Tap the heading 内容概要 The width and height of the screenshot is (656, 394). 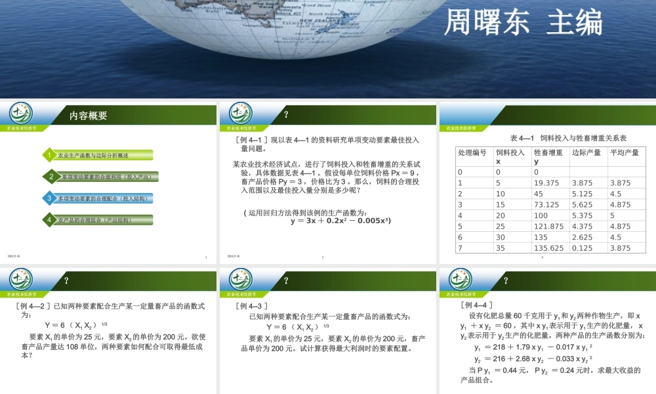tap(89, 116)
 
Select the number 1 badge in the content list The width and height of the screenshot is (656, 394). tap(49, 155)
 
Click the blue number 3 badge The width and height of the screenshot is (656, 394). tap(49, 198)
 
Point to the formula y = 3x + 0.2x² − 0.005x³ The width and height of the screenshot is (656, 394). tap(340, 221)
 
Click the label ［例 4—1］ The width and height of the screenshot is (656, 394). tap(250, 139)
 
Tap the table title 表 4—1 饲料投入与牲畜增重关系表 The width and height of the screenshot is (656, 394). tap(568, 138)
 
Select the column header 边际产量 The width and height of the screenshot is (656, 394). tap(586, 152)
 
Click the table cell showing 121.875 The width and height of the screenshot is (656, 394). tap(549, 226)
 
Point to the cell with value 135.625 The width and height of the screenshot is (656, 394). tap(549, 248)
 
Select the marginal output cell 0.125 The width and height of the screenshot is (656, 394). tap(583, 248)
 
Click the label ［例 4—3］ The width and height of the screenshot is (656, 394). tap(253, 306)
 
